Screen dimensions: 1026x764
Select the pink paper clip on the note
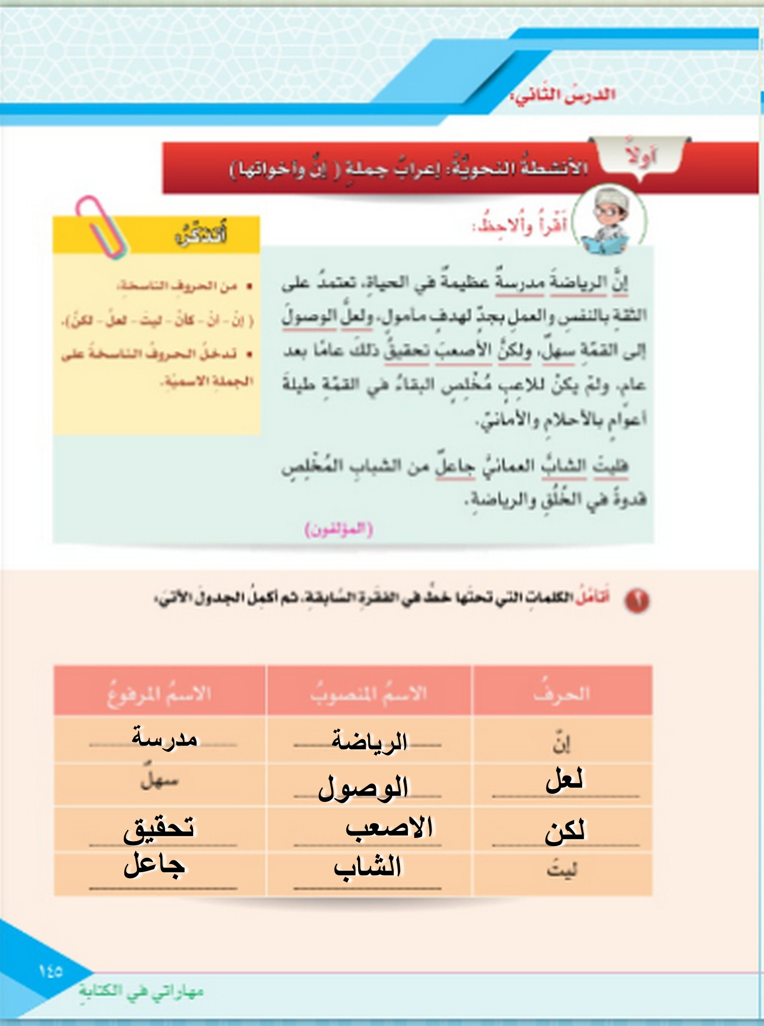click(101, 227)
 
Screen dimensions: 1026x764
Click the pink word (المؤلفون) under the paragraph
click(339, 529)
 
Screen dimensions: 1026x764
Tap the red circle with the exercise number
click(637, 600)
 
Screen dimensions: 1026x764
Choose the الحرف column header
click(562, 693)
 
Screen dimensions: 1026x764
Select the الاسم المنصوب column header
click(369, 693)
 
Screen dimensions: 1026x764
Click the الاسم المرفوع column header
click(159, 693)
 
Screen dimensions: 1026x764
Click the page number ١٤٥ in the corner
click(50, 971)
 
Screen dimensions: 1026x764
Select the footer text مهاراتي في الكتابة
click(141, 991)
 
